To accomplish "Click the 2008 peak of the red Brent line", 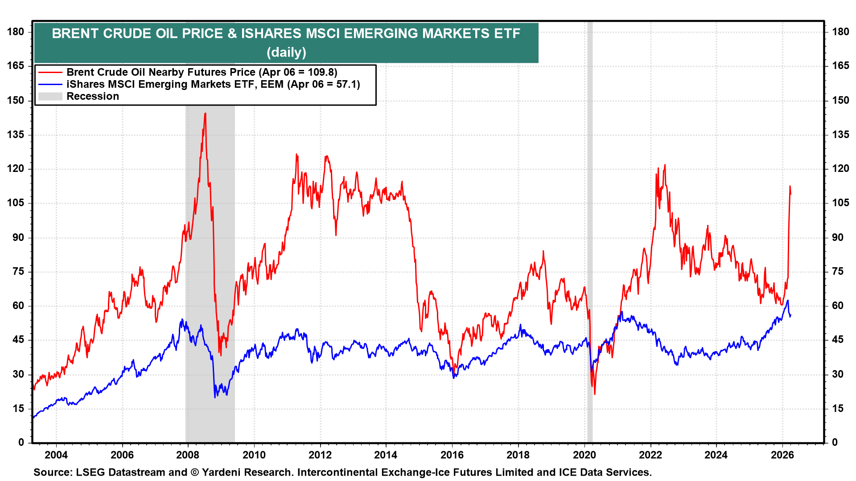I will [x=205, y=114].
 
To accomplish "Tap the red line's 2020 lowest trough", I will [x=595, y=394].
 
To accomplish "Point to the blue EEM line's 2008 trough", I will [x=215, y=397].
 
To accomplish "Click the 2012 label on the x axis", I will [x=320, y=455].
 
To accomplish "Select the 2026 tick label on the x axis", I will [x=782, y=455].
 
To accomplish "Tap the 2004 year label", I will [x=56, y=455].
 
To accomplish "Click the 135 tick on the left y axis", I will [x=16, y=135].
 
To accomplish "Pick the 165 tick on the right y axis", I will [x=840, y=66].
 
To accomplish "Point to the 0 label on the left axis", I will [x=21, y=442].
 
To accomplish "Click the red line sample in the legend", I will [x=50, y=72].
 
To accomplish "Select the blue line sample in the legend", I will [x=50, y=84].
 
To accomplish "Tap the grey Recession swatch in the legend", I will [x=50, y=96].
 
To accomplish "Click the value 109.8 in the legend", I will [x=321, y=72].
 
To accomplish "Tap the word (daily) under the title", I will [x=286, y=53].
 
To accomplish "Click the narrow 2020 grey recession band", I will [x=590, y=267].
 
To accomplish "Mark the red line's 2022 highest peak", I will [x=665, y=165].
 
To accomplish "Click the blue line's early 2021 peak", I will [x=621, y=312].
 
